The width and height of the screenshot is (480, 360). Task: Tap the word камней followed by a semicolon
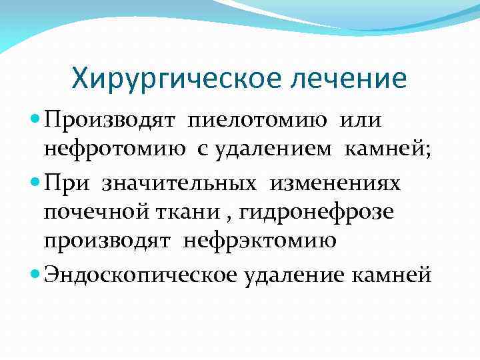click(x=388, y=150)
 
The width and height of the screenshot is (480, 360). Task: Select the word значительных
click(x=181, y=182)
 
